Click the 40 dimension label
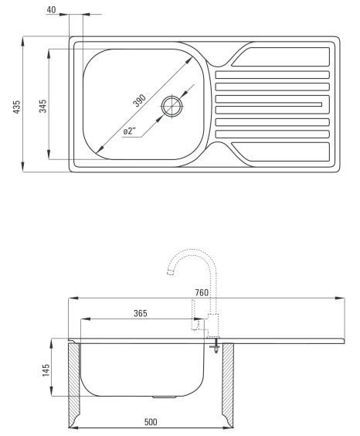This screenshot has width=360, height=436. pos(51,10)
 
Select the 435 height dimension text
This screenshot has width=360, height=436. pos(17,107)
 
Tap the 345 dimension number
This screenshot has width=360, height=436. pos(42,106)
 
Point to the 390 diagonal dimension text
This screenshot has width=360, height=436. pos(139,100)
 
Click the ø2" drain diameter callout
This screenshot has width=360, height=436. pos(129,131)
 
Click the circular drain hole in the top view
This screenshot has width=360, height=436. pos(172,106)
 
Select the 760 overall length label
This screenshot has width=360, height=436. pos(202,292)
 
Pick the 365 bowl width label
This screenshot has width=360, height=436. pos(141,313)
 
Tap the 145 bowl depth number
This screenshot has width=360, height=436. pos(46,370)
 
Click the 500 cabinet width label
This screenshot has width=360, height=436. pos(151,422)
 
